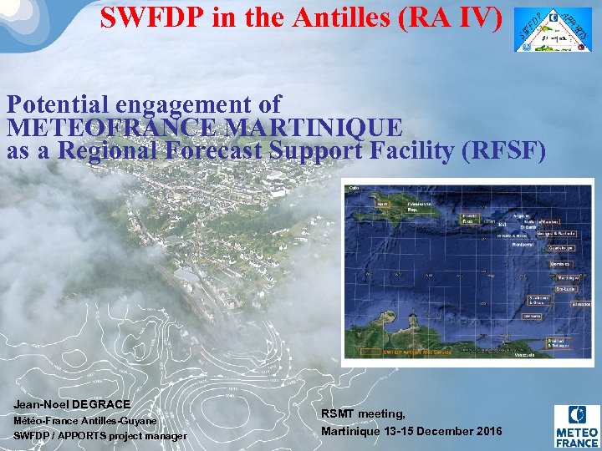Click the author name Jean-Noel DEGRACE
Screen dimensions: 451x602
click(x=72, y=404)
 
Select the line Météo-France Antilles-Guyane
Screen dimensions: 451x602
click(x=85, y=420)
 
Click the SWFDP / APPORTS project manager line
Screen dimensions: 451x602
click(x=100, y=436)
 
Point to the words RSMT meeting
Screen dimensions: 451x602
click(x=363, y=414)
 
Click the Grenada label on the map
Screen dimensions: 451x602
click(x=532, y=317)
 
